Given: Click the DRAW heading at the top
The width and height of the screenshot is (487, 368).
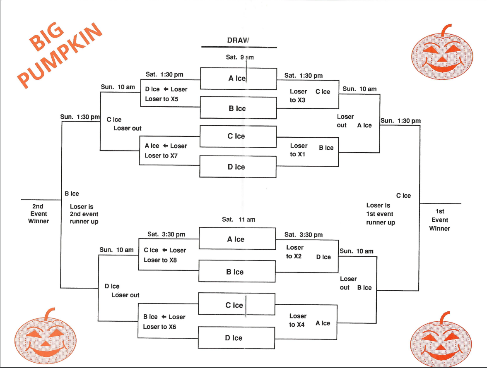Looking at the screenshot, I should click(x=239, y=40).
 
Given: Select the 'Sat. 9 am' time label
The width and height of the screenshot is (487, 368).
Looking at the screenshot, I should click(x=240, y=57).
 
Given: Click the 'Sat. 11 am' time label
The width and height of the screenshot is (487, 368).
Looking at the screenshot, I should click(x=239, y=220).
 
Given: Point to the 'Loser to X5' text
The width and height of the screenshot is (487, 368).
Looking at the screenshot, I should click(x=162, y=99).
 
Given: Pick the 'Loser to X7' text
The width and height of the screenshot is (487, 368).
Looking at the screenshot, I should click(x=162, y=155).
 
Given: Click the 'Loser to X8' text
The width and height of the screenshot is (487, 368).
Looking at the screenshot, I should click(x=160, y=260).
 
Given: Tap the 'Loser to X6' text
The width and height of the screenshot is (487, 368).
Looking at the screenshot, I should click(x=159, y=327).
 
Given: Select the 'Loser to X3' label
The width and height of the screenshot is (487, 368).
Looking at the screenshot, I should click(x=298, y=96).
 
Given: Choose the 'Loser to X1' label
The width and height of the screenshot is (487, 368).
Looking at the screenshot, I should click(x=298, y=150).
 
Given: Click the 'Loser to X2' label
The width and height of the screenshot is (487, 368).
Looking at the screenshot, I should click(x=294, y=252).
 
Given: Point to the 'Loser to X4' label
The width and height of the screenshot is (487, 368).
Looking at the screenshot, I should click(x=297, y=320).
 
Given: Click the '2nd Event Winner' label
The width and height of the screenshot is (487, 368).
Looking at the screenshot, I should click(x=39, y=214).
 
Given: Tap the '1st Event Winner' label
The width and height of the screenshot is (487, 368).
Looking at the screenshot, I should click(x=439, y=220).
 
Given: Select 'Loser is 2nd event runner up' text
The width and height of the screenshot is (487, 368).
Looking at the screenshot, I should click(x=84, y=214).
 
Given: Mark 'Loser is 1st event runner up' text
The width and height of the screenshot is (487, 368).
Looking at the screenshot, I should click(x=381, y=214).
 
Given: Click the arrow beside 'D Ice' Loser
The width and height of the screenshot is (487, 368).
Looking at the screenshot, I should click(x=165, y=89).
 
